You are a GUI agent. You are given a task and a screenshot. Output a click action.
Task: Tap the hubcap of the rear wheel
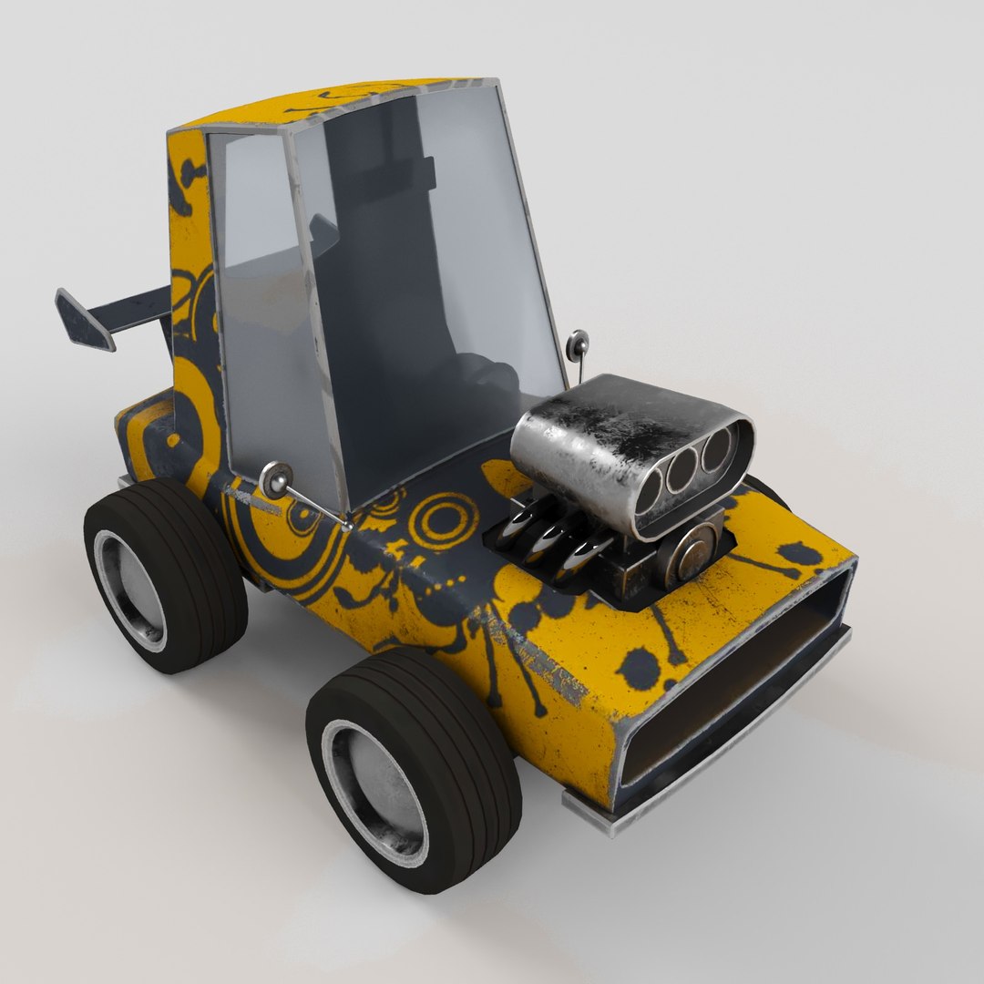coord(130,590)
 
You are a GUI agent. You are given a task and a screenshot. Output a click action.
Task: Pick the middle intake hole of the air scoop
coord(682,471)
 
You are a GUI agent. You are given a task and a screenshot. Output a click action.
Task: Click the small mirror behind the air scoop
coord(577,344)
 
